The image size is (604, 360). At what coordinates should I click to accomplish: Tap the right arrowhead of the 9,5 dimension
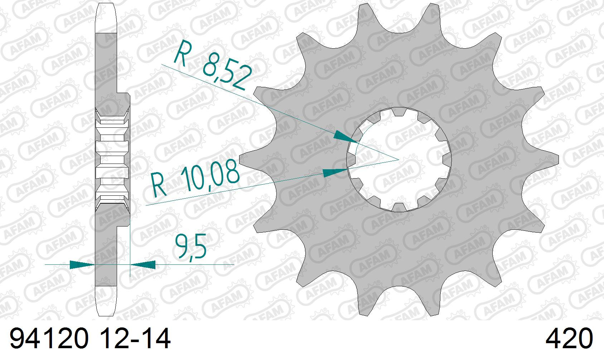(142, 264)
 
